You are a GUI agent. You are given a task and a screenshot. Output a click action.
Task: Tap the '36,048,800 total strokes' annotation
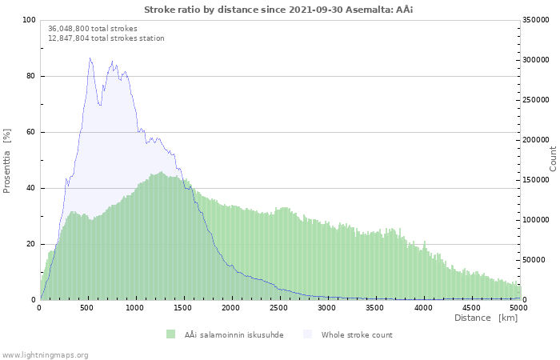click(93, 29)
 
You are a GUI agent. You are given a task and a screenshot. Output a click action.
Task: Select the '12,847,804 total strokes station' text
click(106, 38)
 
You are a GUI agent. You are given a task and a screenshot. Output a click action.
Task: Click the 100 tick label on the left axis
click(30, 20)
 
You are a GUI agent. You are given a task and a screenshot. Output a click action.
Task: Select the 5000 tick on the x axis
click(518, 307)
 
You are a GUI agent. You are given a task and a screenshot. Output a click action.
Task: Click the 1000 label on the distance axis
click(135, 307)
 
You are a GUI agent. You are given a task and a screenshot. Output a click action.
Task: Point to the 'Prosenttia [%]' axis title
click(8, 160)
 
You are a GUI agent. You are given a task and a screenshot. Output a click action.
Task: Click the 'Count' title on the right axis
click(553, 158)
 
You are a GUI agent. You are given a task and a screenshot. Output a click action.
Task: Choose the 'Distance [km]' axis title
click(486, 318)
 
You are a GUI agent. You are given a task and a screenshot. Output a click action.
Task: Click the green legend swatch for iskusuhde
click(170, 334)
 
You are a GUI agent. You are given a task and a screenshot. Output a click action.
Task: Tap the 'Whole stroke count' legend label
click(357, 334)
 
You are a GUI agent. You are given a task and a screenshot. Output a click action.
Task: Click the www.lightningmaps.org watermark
click(45, 354)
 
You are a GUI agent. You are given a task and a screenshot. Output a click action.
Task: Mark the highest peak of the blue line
click(90, 58)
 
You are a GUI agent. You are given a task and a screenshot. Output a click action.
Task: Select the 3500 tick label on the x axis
click(375, 307)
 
